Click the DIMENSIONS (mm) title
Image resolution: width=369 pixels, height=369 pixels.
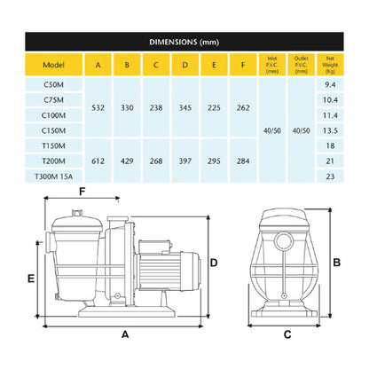184,41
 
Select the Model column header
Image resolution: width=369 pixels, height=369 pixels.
53,64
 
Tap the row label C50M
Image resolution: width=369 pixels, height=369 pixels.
53,86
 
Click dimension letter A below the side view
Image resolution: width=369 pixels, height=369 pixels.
125,334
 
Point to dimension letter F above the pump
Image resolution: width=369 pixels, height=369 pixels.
82,191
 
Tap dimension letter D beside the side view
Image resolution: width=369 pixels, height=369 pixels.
214,261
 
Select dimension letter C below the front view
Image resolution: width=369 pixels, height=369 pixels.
287,334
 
